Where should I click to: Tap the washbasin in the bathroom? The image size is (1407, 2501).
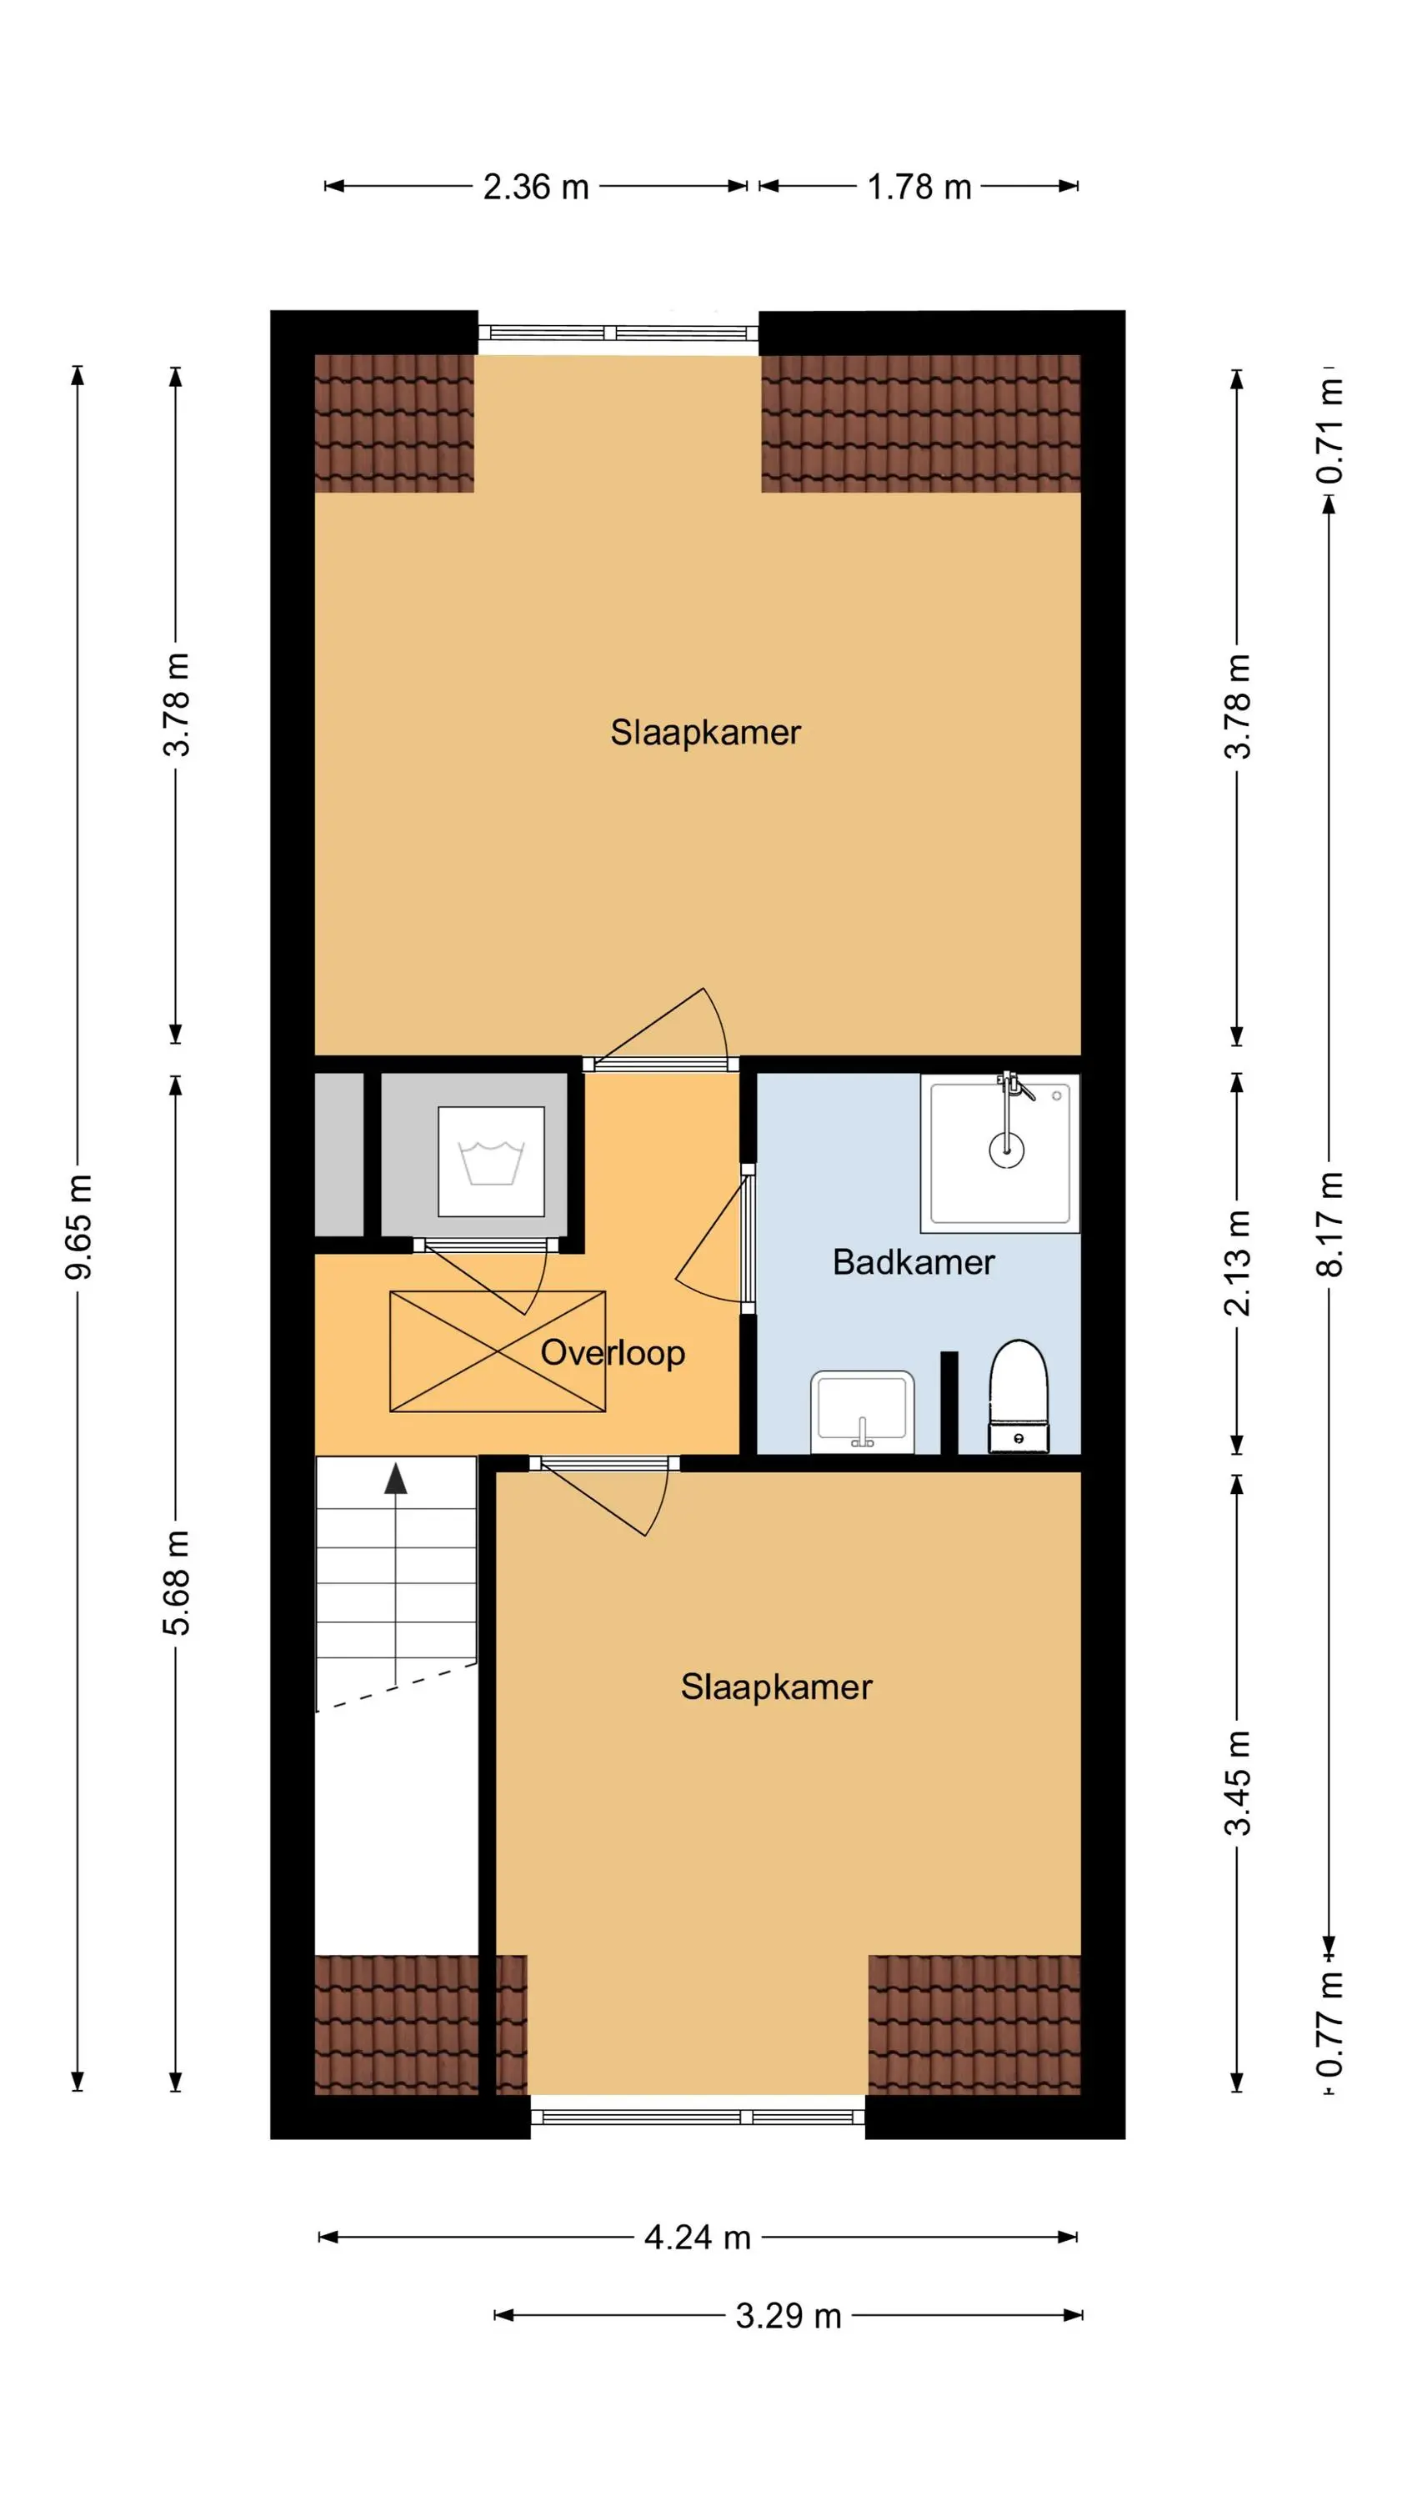862,1411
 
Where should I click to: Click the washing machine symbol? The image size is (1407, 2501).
491,1161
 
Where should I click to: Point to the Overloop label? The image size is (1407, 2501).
613,1352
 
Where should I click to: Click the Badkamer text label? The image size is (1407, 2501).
914,1262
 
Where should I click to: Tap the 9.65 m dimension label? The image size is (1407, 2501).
78,1226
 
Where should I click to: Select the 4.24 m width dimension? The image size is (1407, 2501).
698,2237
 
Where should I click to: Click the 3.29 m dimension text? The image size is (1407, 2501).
789,2316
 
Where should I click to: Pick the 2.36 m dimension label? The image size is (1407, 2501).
536,187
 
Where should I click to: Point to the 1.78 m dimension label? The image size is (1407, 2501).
919,187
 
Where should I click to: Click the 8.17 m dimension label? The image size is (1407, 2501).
1329,1223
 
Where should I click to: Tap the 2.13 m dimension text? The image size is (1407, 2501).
1237,1263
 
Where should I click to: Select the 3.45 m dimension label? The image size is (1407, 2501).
1237,1782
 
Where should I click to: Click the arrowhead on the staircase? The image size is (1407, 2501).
395,1478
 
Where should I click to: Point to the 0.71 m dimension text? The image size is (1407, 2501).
1329,430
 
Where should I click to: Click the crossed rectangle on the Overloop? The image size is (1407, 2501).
497,1351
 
